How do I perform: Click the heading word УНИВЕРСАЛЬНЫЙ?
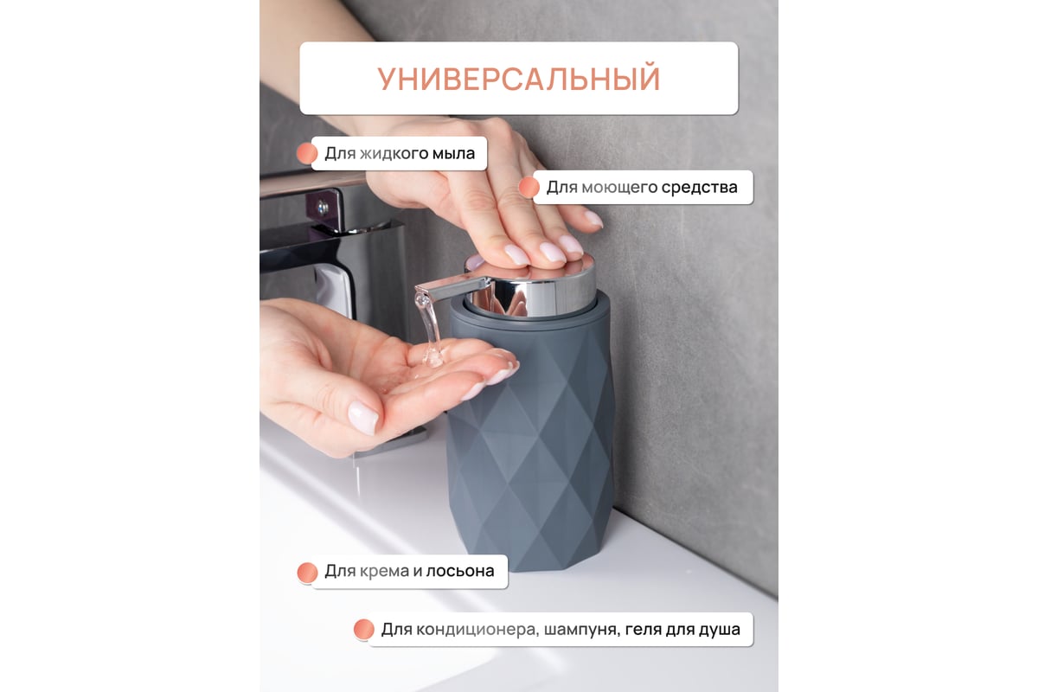coord(518,79)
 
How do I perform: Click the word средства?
coord(699,187)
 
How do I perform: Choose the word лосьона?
coord(460,571)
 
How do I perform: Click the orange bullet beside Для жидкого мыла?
coord(307,153)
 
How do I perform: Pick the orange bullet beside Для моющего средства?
coord(529,188)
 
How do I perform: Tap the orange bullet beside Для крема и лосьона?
coord(307,573)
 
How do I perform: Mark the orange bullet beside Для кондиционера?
coord(364,630)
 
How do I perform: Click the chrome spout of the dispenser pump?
coord(449,287)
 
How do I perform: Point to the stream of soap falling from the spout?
coord(430,331)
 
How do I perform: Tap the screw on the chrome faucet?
coord(323,207)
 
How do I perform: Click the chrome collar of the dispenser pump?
coord(530,299)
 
